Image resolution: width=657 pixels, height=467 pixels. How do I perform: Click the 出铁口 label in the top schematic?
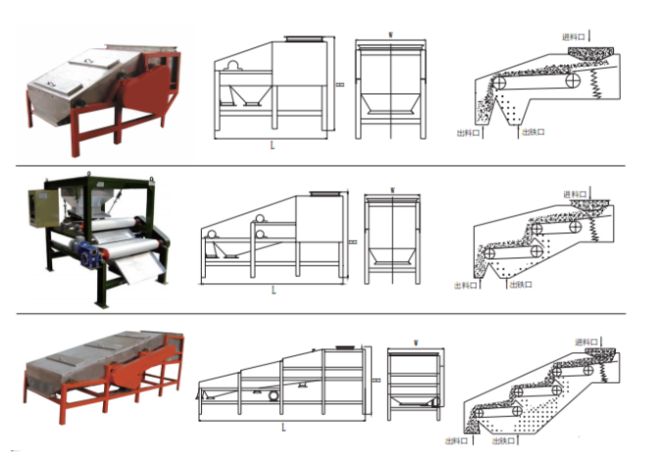point(533,131)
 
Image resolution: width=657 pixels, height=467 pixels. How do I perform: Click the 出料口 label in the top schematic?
point(469,131)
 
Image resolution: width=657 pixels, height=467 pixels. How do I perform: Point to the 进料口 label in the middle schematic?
point(576,193)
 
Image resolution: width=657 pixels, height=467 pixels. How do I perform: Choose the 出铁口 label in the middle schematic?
point(521,285)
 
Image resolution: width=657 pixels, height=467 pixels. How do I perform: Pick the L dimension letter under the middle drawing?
point(274,291)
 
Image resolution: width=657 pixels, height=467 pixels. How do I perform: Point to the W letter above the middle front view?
point(391,189)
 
